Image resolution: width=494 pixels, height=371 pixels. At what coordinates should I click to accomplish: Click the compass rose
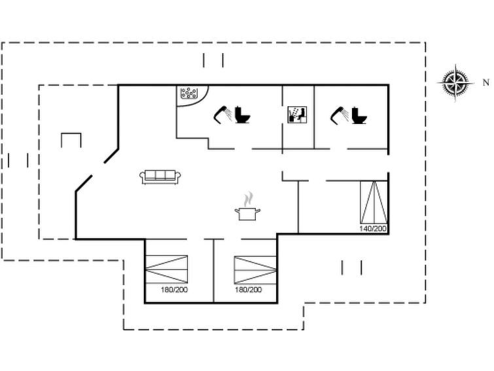coord(455,83)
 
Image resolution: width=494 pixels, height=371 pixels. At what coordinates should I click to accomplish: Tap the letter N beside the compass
coord(485,83)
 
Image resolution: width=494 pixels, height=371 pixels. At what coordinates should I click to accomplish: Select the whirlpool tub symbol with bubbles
coord(188,93)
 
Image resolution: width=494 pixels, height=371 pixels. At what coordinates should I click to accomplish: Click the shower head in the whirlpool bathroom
coord(222,114)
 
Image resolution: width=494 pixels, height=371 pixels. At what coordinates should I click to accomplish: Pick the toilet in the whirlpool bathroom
coord(243,115)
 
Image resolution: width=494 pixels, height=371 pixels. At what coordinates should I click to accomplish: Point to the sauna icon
coord(297,115)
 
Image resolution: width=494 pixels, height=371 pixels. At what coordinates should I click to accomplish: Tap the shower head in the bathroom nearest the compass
coord(340,115)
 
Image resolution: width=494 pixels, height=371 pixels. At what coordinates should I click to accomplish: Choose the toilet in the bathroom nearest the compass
coord(359,115)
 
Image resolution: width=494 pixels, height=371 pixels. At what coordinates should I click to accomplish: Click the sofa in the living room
coord(160,177)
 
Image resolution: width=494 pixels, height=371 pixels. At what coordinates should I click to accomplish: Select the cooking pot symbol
coord(247,214)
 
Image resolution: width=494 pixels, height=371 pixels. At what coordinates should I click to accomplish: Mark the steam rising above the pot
coord(248,199)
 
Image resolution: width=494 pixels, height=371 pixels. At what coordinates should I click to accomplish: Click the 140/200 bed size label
coord(373,228)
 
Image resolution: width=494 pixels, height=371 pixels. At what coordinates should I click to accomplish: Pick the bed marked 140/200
coord(374,202)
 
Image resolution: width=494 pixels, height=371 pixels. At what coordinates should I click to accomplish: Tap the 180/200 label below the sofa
coord(174,290)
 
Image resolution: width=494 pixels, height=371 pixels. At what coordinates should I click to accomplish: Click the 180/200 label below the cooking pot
coord(248,290)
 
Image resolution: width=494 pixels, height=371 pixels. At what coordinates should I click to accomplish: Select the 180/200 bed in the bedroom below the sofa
coord(166,269)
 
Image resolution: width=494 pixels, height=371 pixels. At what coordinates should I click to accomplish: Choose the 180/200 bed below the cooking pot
coord(255,270)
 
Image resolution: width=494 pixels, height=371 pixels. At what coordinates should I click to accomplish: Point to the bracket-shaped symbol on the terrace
coord(71,140)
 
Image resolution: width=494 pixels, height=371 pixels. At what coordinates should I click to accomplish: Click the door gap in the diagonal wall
coord(98,169)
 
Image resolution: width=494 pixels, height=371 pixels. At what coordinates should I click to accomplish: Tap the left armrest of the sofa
coord(142,176)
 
